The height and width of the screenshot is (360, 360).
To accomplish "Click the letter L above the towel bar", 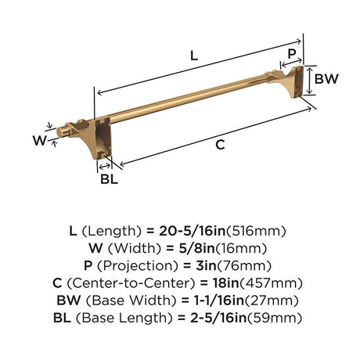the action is (x=194, y=56).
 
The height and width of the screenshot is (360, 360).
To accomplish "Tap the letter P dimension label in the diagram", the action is (x=292, y=54).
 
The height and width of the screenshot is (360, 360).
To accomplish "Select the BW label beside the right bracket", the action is (x=326, y=79).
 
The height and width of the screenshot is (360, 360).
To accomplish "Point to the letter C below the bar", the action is (x=220, y=145).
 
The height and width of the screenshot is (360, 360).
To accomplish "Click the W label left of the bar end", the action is (x=40, y=141).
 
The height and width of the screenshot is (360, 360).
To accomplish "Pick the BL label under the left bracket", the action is (x=110, y=179).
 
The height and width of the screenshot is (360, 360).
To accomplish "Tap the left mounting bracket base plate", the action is (x=103, y=138).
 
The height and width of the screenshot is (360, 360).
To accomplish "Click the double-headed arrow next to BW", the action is (x=309, y=81).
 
